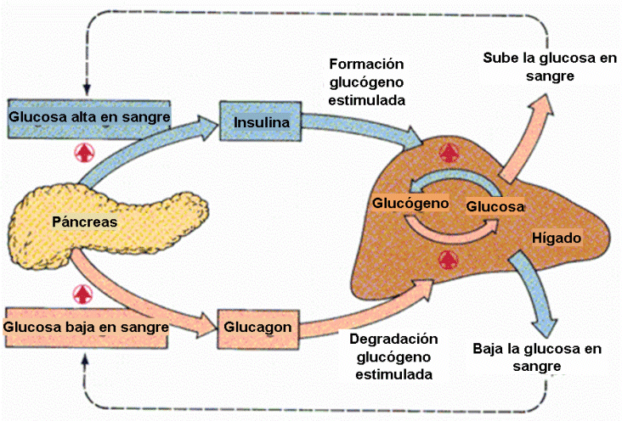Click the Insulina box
(261, 121)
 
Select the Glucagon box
(257, 329)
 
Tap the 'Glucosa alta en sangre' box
(89, 119)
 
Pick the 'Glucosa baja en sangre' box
(86, 328)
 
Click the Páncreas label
(84, 222)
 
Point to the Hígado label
(557, 238)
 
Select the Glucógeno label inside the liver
(410, 203)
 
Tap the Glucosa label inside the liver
(495, 206)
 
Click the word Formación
(366, 64)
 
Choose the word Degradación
(393, 339)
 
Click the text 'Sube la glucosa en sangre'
(550, 66)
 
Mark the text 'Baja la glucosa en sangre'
(537, 357)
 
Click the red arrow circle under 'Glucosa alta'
(84, 153)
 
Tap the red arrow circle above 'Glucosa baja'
(83, 295)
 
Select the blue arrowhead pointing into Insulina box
(208, 126)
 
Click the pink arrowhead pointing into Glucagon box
(207, 326)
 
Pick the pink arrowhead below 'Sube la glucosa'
(541, 105)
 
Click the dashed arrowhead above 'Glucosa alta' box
(87, 90)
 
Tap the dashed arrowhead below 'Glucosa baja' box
(85, 358)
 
